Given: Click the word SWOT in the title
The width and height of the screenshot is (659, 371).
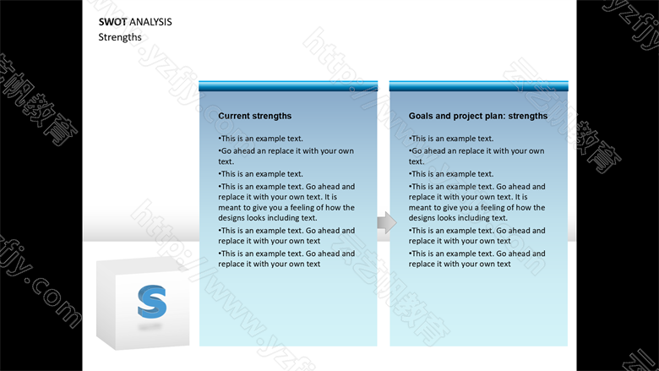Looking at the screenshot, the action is [112, 22].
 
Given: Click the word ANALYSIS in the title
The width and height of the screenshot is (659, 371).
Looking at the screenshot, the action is [151, 22].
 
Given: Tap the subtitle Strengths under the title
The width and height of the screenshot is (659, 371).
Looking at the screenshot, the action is [120, 37].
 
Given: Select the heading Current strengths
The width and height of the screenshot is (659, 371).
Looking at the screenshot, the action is [254, 116].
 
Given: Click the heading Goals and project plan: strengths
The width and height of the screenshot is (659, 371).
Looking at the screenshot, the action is [478, 116].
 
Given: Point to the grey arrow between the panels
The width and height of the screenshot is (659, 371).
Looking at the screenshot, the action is [387, 222].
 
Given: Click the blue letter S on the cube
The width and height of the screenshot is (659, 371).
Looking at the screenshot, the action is [152, 302].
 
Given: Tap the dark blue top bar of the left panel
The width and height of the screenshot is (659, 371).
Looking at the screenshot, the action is [288, 86].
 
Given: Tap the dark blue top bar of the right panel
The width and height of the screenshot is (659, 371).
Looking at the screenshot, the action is [479, 86].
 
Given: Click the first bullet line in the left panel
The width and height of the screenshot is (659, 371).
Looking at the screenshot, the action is [260, 139].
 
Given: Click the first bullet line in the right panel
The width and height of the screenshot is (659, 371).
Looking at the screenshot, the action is [451, 139].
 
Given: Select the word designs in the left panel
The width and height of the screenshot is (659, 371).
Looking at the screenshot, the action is [232, 218].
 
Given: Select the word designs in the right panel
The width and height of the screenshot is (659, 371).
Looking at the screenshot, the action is [422, 218].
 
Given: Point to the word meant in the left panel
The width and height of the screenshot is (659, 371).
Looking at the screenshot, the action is [228, 208].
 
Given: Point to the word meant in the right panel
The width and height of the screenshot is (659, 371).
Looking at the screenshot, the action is [418, 208].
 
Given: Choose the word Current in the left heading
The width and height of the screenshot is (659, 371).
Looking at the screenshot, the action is [233, 116].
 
